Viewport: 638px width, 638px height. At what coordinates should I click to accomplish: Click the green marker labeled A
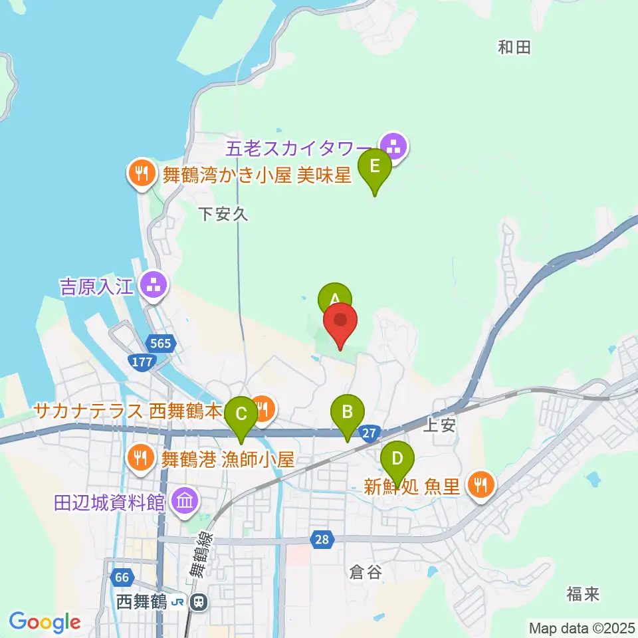point(335,298)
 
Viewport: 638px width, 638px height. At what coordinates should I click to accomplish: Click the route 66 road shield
point(121,578)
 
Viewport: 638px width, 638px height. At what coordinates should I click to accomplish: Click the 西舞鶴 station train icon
point(197,603)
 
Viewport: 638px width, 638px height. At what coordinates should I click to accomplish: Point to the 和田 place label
point(514,47)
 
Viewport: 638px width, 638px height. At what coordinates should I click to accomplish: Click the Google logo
point(45,623)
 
